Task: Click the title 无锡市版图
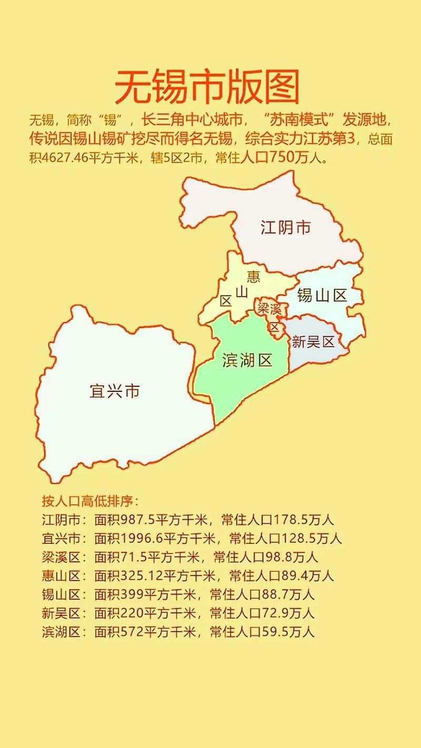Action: coord(207,87)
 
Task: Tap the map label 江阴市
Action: coord(286,227)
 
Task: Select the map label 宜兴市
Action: coord(115,391)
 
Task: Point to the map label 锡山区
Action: coord(322,295)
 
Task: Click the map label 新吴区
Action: coord(313,342)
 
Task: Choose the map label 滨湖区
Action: coord(247,360)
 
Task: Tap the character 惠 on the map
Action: coord(254,276)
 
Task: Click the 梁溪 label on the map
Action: coord(269,308)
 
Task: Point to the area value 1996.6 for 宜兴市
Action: coord(142,539)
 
